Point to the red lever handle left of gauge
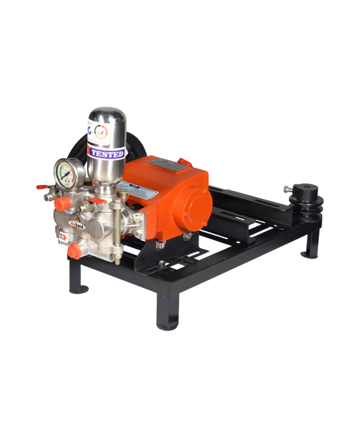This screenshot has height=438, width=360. coord(43,186)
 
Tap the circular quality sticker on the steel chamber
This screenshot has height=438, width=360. coord(102,132)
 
